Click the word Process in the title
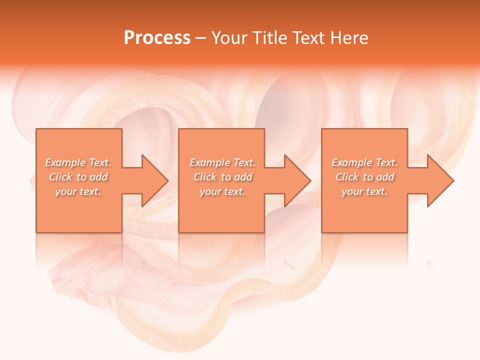(x=157, y=38)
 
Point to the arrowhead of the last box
(x=439, y=180)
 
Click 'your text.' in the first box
(x=78, y=191)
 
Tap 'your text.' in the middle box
(x=222, y=191)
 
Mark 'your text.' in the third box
(x=364, y=191)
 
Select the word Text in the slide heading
(x=307, y=38)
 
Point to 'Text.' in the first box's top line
(x=100, y=162)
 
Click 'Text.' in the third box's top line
(x=386, y=162)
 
